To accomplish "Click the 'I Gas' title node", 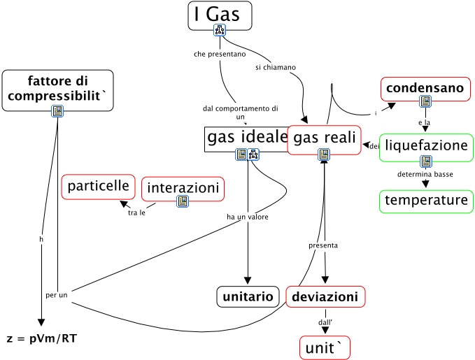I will (x=220, y=15).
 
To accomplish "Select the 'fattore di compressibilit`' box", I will (x=57, y=89).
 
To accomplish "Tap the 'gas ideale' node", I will (x=247, y=138).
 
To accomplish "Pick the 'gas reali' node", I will (x=324, y=138).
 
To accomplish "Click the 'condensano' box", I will (x=425, y=88).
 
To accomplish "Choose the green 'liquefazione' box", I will (x=425, y=146).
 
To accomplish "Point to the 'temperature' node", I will (x=425, y=201).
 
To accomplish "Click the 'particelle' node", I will (x=99, y=186).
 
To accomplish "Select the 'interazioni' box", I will (x=183, y=187).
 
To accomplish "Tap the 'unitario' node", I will (x=248, y=296).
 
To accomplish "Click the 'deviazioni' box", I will (x=325, y=296).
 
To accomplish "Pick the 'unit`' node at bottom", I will (x=325, y=347).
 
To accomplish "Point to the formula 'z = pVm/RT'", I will (x=42, y=339).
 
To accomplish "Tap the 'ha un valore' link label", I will (x=248, y=217).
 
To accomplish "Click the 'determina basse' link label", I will (x=425, y=173).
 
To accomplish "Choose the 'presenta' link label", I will (x=323, y=245).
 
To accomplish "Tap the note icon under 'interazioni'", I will (x=183, y=201).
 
